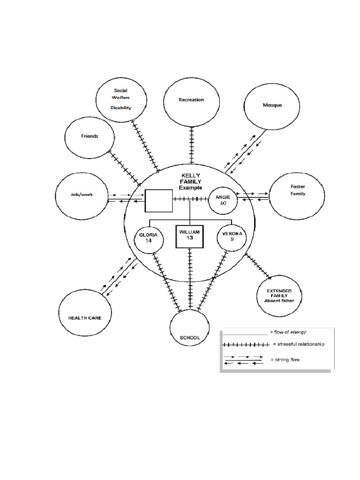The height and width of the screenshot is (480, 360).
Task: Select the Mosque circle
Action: tap(272, 105)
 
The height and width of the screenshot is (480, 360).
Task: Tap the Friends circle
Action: tap(90, 136)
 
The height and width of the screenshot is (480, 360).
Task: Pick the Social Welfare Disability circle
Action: tap(120, 99)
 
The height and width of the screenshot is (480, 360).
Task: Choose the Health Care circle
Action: tap(85, 317)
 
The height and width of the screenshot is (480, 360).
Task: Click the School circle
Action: tap(190, 333)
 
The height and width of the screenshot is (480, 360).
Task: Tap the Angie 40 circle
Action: tap(223, 200)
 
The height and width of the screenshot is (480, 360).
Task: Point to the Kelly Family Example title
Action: tap(190, 181)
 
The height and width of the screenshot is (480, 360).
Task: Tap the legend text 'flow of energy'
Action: tap(288, 332)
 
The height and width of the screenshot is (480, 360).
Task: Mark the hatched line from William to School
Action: tap(190, 278)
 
